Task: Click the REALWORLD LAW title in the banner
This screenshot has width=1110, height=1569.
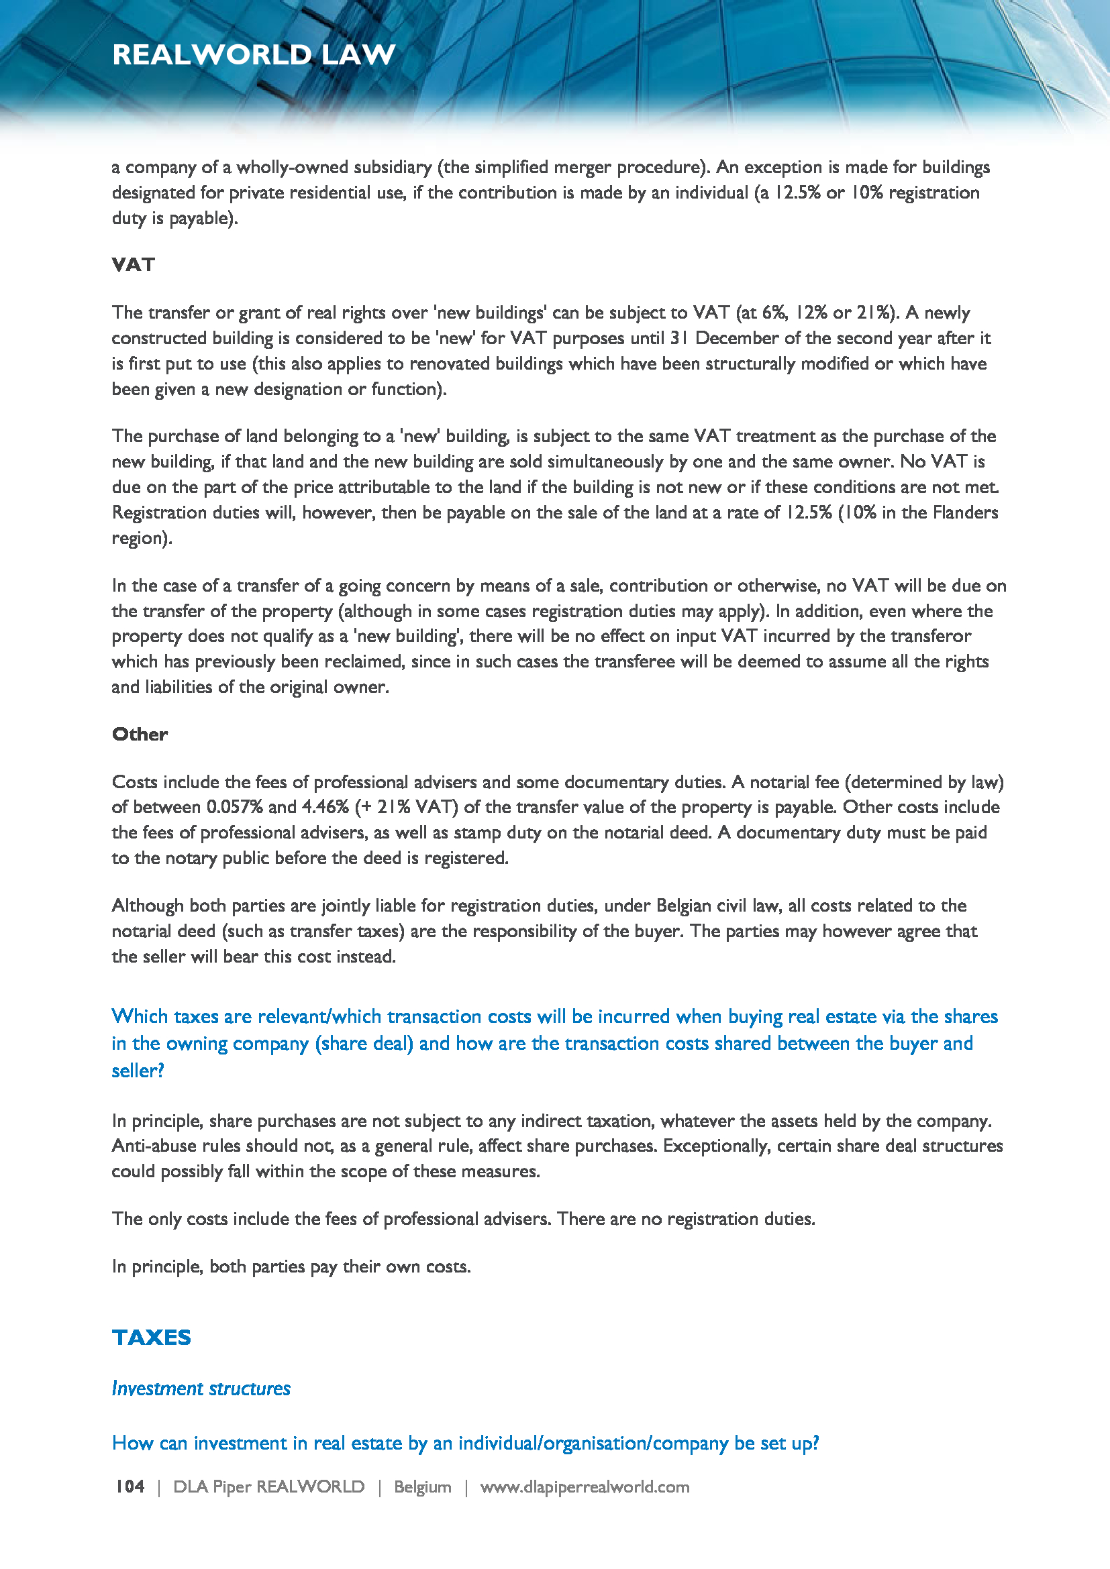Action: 254,54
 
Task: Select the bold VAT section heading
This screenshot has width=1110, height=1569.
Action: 134,264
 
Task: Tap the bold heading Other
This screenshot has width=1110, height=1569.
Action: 140,734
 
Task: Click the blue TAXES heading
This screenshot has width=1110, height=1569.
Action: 151,1338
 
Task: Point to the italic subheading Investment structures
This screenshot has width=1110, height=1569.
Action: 201,1389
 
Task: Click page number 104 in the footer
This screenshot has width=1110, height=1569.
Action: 130,1486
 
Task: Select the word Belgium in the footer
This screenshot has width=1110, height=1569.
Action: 422,1486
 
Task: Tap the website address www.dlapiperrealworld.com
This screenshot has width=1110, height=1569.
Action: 585,1486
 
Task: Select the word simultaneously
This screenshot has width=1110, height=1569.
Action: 595,462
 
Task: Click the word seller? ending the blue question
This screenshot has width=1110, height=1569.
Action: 138,1071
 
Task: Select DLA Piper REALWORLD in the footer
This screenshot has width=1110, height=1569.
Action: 268,1486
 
